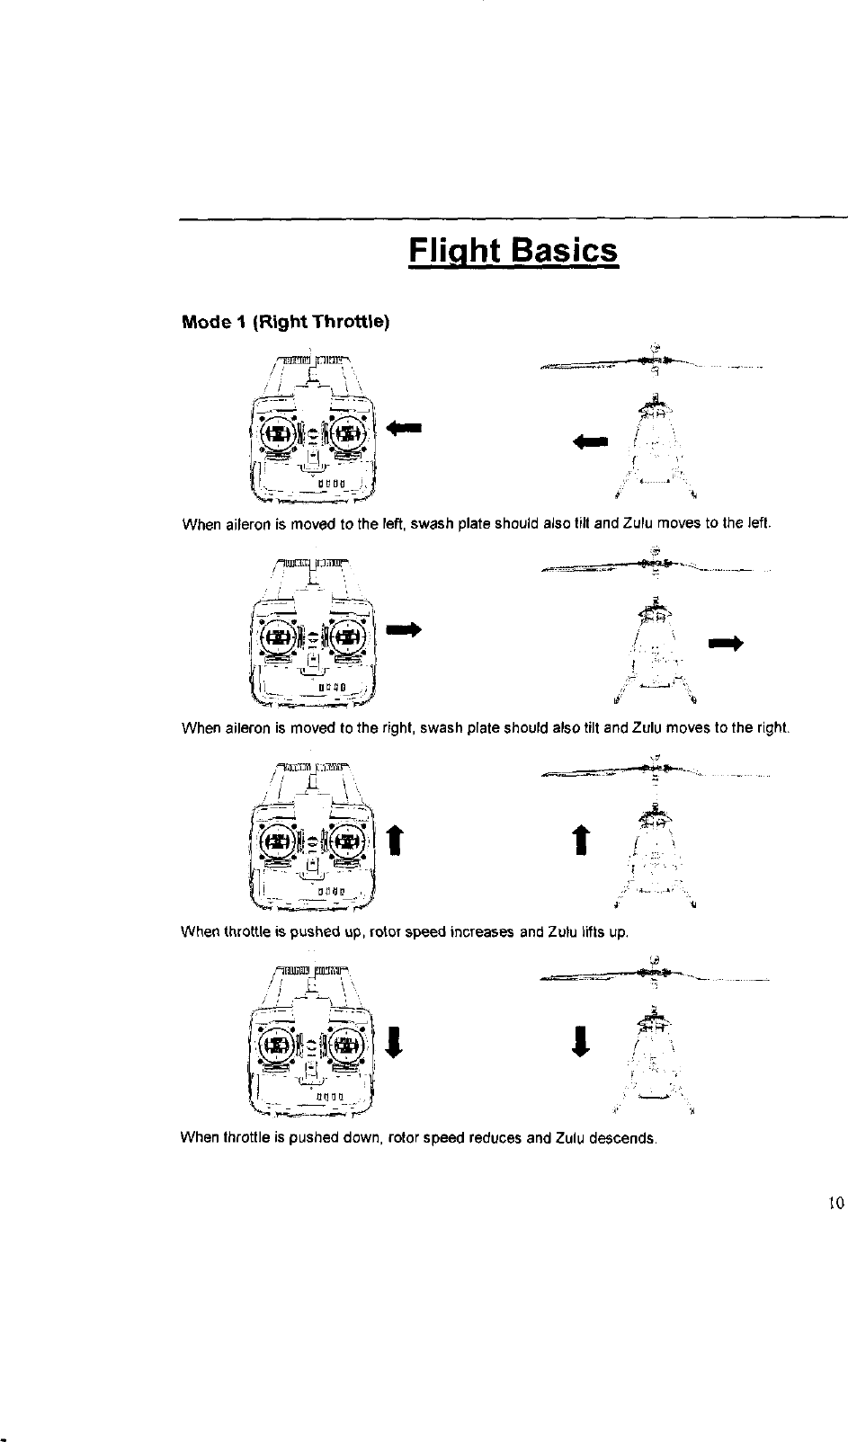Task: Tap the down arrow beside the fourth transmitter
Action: click(x=393, y=1046)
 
